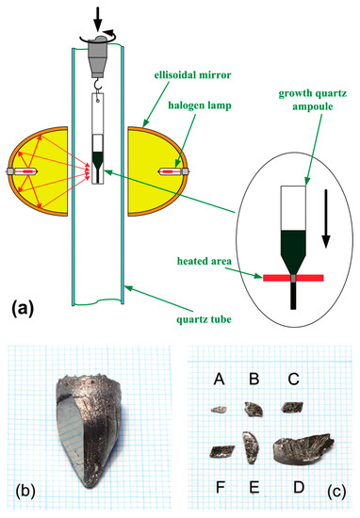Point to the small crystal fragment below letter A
[x=219, y=409]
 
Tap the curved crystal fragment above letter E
[x=250, y=448]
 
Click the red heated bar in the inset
[x=293, y=279]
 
